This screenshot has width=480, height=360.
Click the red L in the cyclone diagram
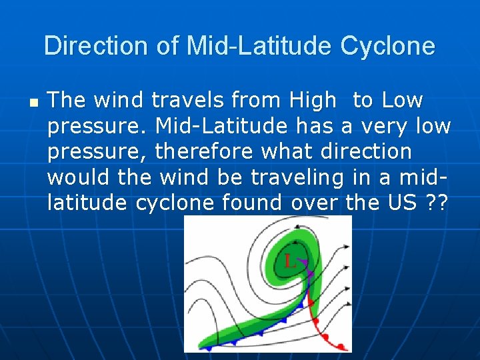[289, 261]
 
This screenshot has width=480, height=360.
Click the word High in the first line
[313, 100]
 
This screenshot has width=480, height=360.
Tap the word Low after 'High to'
[402, 100]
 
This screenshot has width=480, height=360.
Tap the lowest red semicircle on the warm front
[341, 347]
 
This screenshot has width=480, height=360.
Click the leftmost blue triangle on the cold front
[209, 348]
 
